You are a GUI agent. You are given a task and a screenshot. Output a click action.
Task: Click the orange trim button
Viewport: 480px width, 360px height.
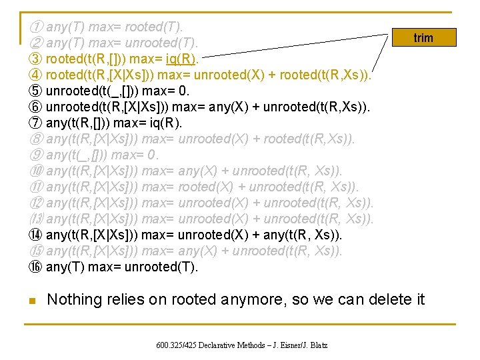(x=423, y=38)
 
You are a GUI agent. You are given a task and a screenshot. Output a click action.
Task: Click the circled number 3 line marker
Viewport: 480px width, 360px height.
(x=36, y=59)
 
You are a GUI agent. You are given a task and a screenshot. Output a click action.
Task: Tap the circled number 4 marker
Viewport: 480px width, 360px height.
(x=36, y=75)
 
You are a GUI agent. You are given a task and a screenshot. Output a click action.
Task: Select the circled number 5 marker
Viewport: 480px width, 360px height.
(x=36, y=91)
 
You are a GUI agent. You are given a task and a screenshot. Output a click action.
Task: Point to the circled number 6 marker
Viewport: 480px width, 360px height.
(x=36, y=107)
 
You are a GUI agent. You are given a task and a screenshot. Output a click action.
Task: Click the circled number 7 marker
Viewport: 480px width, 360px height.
(x=36, y=123)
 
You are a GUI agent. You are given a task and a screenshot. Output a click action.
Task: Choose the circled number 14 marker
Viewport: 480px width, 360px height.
(x=36, y=235)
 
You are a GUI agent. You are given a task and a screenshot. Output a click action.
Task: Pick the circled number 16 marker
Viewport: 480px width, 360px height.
(x=36, y=267)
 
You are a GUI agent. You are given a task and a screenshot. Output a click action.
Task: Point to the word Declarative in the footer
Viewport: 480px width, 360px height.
(x=223, y=345)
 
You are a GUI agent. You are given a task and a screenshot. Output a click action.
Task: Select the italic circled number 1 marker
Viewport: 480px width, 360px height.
(x=36, y=27)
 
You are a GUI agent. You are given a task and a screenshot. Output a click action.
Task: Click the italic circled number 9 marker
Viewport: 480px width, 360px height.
(x=36, y=155)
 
